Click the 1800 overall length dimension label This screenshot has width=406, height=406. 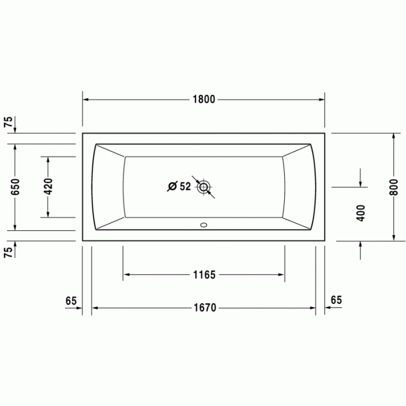204,99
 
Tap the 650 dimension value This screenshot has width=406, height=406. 16,187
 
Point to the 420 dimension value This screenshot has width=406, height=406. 49,187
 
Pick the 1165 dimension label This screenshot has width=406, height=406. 204,275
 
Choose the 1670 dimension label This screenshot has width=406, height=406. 204,308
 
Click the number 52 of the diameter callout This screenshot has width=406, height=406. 185,187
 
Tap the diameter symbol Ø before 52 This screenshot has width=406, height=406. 172,187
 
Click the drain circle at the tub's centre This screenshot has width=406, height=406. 204,187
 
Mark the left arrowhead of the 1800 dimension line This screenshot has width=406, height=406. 85,99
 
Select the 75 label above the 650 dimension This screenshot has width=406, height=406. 8,122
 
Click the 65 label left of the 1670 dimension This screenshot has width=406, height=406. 71,300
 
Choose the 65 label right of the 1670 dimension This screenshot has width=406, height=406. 336,300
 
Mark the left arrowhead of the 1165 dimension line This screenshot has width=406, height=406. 126,275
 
